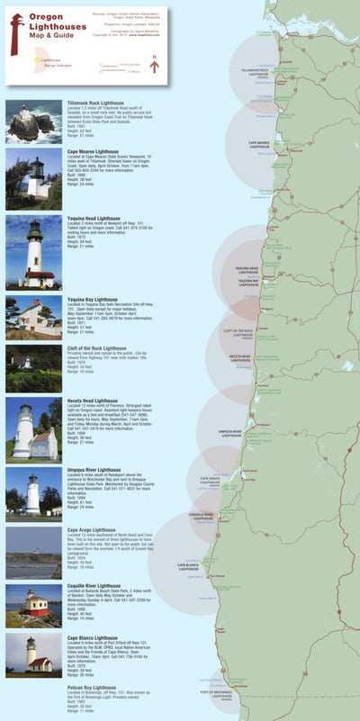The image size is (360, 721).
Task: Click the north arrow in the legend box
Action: point(154,64)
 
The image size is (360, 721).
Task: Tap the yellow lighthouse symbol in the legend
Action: point(33,60)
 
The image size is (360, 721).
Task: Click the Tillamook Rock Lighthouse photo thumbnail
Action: point(33,122)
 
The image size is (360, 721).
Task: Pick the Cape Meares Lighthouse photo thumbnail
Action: point(33,179)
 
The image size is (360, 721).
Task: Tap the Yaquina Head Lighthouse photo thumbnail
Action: point(33,251)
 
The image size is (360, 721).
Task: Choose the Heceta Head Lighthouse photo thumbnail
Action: point(33,428)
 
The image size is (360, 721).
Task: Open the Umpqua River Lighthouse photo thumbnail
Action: point(33,491)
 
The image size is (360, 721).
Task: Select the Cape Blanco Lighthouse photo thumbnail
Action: point(33,656)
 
